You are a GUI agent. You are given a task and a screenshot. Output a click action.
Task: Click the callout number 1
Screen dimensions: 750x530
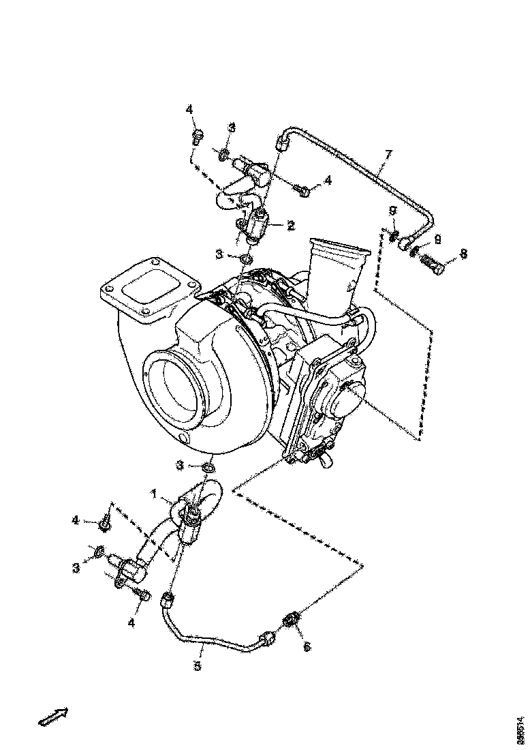point(154,492)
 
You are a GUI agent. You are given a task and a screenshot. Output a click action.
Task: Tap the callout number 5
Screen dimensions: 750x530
point(198,666)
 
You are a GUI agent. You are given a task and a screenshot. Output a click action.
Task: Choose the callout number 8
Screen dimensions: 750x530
point(463,254)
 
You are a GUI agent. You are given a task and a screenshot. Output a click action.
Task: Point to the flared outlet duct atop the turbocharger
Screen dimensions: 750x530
point(339,269)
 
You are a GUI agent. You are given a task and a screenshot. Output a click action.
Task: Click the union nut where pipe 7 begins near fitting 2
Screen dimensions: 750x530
point(282,142)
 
